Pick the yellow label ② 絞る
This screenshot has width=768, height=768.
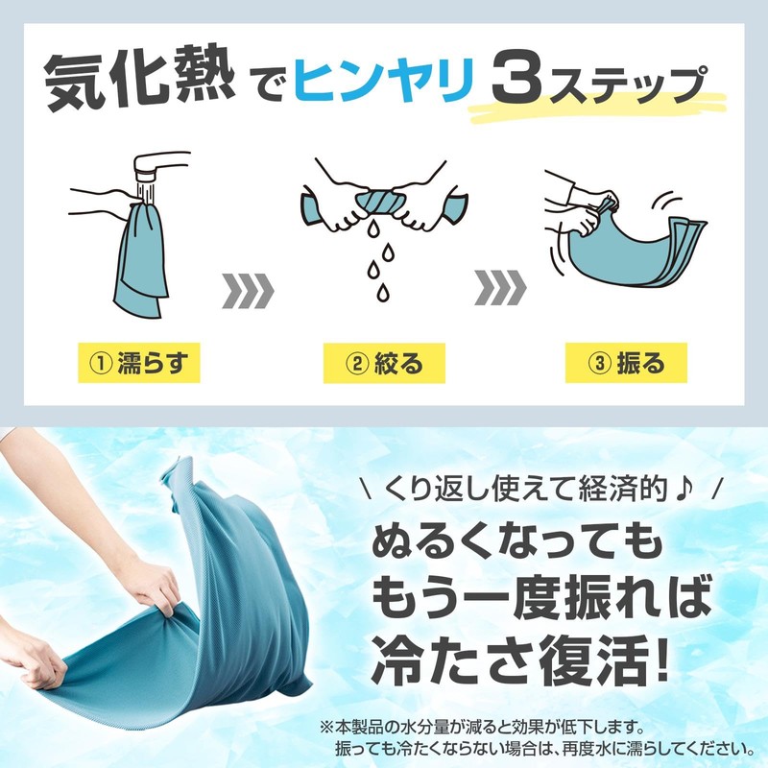[x=383, y=363]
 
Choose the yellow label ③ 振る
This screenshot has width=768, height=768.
[x=628, y=363]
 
